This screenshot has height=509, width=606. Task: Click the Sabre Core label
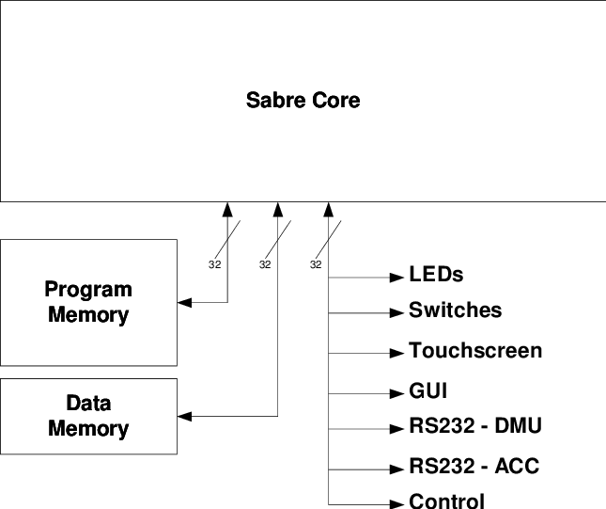[x=303, y=100]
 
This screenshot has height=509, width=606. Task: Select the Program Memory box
[x=89, y=302]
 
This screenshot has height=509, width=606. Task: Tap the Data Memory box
[x=89, y=416]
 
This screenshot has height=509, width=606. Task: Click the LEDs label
[x=436, y=276]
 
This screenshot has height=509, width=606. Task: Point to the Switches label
[x=455, y=310]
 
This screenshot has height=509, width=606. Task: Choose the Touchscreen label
[x=474, y=351]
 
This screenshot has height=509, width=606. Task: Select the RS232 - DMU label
[x=474, y=426]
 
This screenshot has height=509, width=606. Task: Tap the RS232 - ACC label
[x=474, y=467]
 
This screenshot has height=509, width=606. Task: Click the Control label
[x=446, y=501]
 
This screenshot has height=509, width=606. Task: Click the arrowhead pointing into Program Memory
[x=184, y=303]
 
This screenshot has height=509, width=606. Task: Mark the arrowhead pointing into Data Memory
[x=184, y=416]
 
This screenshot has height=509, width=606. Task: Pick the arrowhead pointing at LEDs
[x=396, y=278]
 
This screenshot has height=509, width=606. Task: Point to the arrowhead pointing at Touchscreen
[x=396, y=353]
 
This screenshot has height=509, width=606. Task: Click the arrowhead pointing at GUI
[x=396, y=392]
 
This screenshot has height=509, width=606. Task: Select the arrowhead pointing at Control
[x=396, y=501]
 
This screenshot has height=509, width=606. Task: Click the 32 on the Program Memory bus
[x=213, y=265]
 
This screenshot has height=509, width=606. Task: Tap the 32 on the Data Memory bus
[x=264, y=265]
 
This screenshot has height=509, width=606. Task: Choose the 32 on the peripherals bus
[x=315, y=265]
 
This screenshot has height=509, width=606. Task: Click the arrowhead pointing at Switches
[x=396, y=312]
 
